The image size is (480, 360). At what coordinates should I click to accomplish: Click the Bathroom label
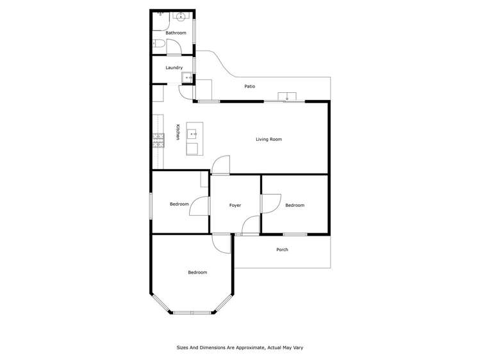[x=176, y=33]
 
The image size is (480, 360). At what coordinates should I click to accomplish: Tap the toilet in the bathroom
[x=158, y=44]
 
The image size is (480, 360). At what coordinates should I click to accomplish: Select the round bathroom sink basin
[x=181, y=17]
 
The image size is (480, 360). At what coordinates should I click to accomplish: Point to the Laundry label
[x=174, y=67]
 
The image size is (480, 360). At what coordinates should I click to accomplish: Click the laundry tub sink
[x=188, y=78]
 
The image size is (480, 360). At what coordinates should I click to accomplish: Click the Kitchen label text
[x=177, y=132]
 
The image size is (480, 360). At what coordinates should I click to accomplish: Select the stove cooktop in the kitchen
[x=158, y=140]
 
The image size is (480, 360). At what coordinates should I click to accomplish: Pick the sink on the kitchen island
[x=192, y=135]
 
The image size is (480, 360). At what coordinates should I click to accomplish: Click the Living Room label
[x=269, y=139]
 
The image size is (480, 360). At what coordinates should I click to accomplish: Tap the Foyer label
[x=235, y=205]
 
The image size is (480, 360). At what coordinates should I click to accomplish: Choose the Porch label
[x=282, y=249]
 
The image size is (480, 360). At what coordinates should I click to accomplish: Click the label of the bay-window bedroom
[x=197, y=272]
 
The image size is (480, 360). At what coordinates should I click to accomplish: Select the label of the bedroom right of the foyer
[x=294, y=205]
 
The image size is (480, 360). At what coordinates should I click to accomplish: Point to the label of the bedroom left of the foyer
[x=179, y=204]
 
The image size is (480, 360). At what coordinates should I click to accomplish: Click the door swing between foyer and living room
[x=221, y=165]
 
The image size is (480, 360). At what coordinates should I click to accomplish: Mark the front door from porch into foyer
[x=251, y=225]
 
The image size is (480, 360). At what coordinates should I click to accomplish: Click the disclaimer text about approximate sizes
[x=240, y=347]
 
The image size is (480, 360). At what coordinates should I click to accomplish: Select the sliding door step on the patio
[x=286, y=97]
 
